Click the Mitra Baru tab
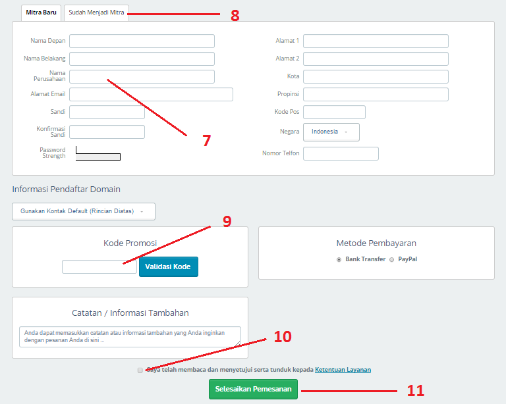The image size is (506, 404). tap(41, 13)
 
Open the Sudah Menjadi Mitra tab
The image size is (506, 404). tap(96, 13)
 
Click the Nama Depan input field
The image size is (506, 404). tap(142, 41)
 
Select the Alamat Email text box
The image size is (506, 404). tap(151, 94)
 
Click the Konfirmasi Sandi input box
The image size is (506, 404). tap(107, 132)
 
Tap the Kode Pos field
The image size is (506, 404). tap(334, 112)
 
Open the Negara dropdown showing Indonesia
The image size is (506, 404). tap(331, 132)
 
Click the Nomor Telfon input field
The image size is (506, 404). tap(341, 154)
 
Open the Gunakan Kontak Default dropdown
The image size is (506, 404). tap(84, 211)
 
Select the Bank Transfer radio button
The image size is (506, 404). tap(339, 260)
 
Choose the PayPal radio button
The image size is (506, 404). tap(392, 260)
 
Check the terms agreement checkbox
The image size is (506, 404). tap(140, 370)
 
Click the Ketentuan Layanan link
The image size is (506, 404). tap(343, 370)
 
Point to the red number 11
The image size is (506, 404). tap(415, 391)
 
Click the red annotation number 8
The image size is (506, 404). tap(235, 16)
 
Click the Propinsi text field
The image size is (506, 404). tap(376, 94)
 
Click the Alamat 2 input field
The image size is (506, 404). tap(376, 59)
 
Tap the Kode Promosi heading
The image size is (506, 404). tap(130, 243)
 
